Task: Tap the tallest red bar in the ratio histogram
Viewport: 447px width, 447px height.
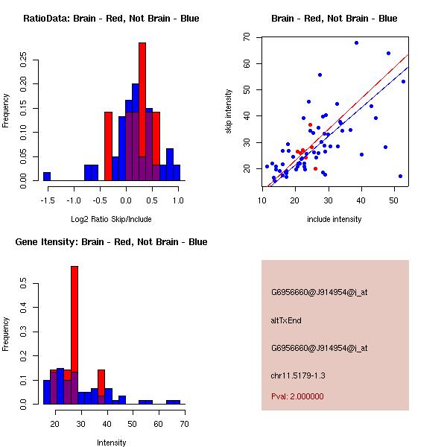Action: pos(142,112)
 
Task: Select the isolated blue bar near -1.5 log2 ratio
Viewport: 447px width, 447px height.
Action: pos(47,177)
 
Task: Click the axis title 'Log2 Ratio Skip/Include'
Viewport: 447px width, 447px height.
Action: pos(111,219)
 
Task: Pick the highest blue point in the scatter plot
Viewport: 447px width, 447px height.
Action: pos(356,43)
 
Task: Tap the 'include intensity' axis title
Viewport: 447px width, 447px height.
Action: pos(335,219)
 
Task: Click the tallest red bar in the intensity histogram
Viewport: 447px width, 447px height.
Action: pos(74,335)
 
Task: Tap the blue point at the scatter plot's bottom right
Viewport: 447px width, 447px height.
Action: pos(401,176)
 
